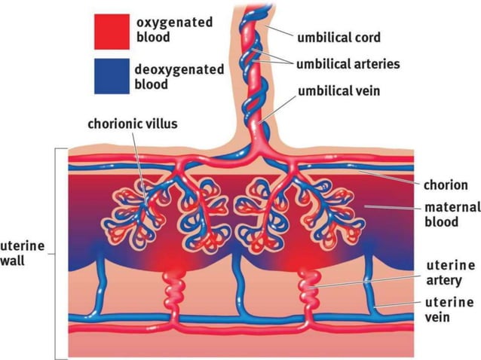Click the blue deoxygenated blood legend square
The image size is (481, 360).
click(111, 77)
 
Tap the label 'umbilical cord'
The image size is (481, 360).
click(339, 37)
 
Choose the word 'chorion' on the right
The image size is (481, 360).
click(445, 184)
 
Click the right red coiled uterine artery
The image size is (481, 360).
click(311, 286)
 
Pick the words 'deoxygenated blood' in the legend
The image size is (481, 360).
click(179, 77)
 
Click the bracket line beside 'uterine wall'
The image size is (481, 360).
click(57, 254)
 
